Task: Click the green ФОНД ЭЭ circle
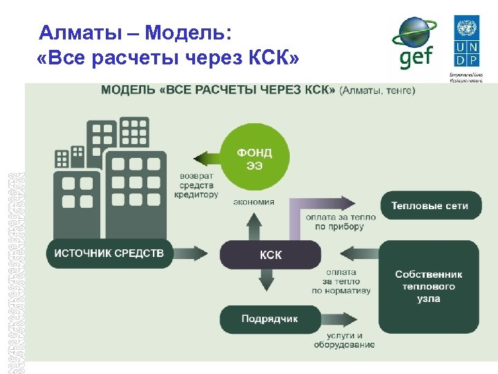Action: click(254, 159)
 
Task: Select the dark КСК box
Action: click(270, 254)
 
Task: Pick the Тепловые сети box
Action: click(429, 206)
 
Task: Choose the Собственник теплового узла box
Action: click(429, 285)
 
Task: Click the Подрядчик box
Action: click(270, 319)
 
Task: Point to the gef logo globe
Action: click(414, 35)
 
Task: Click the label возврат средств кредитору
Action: click(199, 185)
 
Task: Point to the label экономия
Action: click(254, 202)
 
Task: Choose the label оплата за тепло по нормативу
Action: click(340, 281)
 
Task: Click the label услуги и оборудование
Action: click(340, 340)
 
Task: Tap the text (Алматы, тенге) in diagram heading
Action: click(377, 90)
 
